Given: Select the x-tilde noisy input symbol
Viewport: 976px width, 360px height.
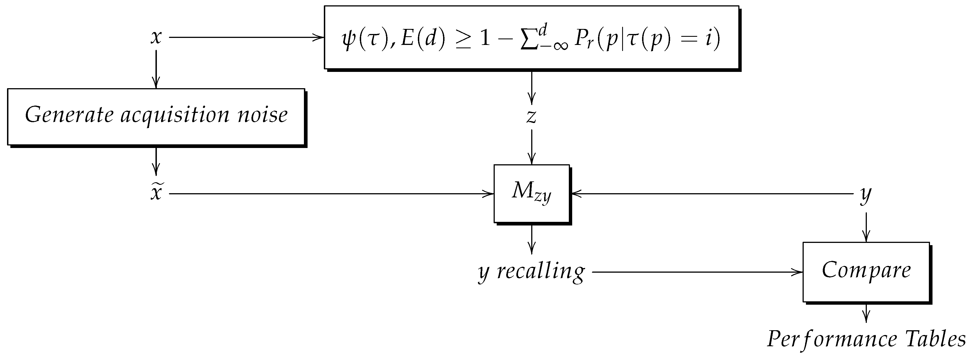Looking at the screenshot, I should pyautogui.click(x=156, y=193).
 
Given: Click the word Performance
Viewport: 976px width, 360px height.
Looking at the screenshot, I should pyautogui.click(x=832, y=339).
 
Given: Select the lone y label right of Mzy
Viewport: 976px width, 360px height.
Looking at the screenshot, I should pyautogui.click(x=866, y=194).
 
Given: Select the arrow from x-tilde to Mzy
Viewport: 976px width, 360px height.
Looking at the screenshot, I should pyautogui.click(x=331, y=194).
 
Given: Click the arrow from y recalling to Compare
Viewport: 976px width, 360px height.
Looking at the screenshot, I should pyautogui.click(x=697, y=272).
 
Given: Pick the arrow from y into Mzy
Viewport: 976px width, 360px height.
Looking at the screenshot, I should pyautogui.click(x=712, y=194).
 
